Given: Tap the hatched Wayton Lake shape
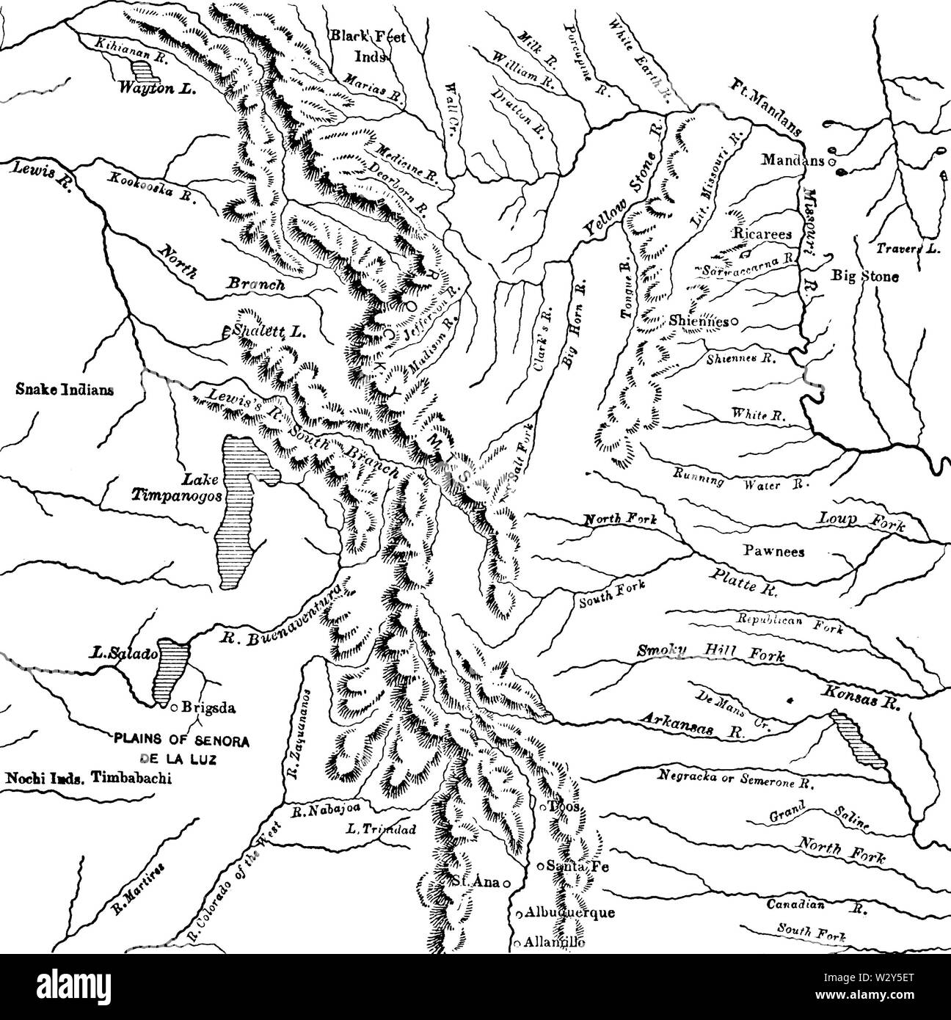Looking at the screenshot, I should [x=147, y=70].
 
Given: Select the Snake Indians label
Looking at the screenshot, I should [x=64, y=390].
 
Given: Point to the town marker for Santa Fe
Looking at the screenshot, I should [x=540, y=866].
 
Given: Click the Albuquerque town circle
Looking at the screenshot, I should [x=518, y=914].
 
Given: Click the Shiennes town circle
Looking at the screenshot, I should [x=733, y=321].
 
